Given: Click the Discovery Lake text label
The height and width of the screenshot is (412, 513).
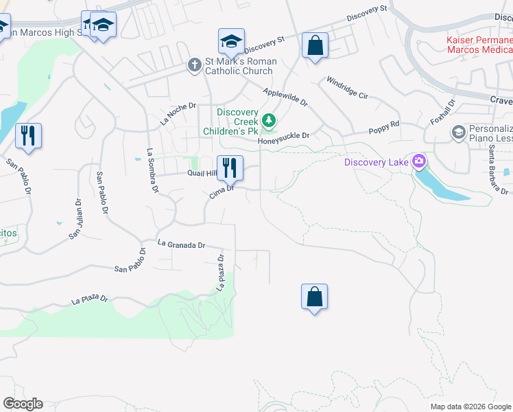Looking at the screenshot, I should coord(376,162).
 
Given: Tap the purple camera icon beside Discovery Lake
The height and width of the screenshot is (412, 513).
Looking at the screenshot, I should coord(418,162).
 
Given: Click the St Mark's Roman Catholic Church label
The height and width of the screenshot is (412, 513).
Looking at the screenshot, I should coord(241,66).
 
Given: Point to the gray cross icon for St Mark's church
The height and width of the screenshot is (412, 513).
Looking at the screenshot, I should coord(195,66).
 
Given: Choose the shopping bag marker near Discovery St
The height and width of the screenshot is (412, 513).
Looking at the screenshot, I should coord(315,46).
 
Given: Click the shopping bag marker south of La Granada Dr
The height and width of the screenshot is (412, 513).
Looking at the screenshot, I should coord(314,297).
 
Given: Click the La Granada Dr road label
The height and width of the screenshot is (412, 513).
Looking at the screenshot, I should coord(181,244).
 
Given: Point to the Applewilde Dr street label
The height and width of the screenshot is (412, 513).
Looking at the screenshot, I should coord(285,96).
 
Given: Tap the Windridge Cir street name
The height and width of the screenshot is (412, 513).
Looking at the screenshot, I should coord(347,87).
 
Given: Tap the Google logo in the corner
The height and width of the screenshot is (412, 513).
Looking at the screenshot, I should coord(23,403).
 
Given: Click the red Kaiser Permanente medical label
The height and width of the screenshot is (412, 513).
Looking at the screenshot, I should coord(479,45).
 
